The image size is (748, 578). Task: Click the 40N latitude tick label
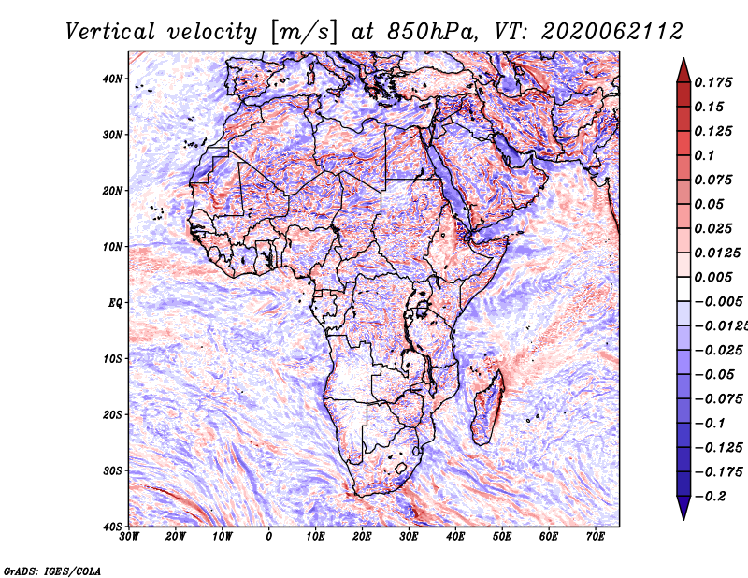pyautogui.click(x=112, y=79)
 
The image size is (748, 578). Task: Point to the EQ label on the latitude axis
pyautogui.click(x=115, y=303)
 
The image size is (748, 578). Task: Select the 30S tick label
pyautogui.click(x=112, y=471)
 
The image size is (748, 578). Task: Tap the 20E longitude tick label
pyautogui.click(x=362, y=537)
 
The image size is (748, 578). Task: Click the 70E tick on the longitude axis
pyautogui.click(x=596, y=537)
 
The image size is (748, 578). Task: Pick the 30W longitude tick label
pyautogui.click(x=129, y=537)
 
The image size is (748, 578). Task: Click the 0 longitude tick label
pyautogui.click(x=269, y=537)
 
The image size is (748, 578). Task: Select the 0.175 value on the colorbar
pyautogui.click(x=712, y=82)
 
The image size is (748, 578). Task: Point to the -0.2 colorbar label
pyautogui.click(x=710, y=497)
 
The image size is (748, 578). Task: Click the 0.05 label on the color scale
pyautogui.click(x=709, y=204)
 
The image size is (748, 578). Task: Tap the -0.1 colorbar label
pyautogui.click(x=710, y=424)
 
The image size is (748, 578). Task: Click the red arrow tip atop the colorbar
pyautogui.click(x=683, y=59)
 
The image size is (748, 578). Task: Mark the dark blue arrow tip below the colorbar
pyautogui.click(x=683, y=519)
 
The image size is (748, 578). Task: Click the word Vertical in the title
pyautogui.click(x=110, y=32)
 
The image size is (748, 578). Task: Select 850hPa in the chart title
pyautogui.click(x=432, y=32)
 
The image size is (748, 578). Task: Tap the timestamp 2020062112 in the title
pyautogui.click(x=612, y=32)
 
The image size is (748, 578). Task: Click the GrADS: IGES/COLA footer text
pyautogui.click(x=52, y=571)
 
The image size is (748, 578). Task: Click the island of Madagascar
pyautogui.click(x=487, y=408)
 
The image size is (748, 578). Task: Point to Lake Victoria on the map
pyautogui.click(x=422, y=309)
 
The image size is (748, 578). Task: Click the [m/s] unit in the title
pyautogui.click(x=304, y=33)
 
